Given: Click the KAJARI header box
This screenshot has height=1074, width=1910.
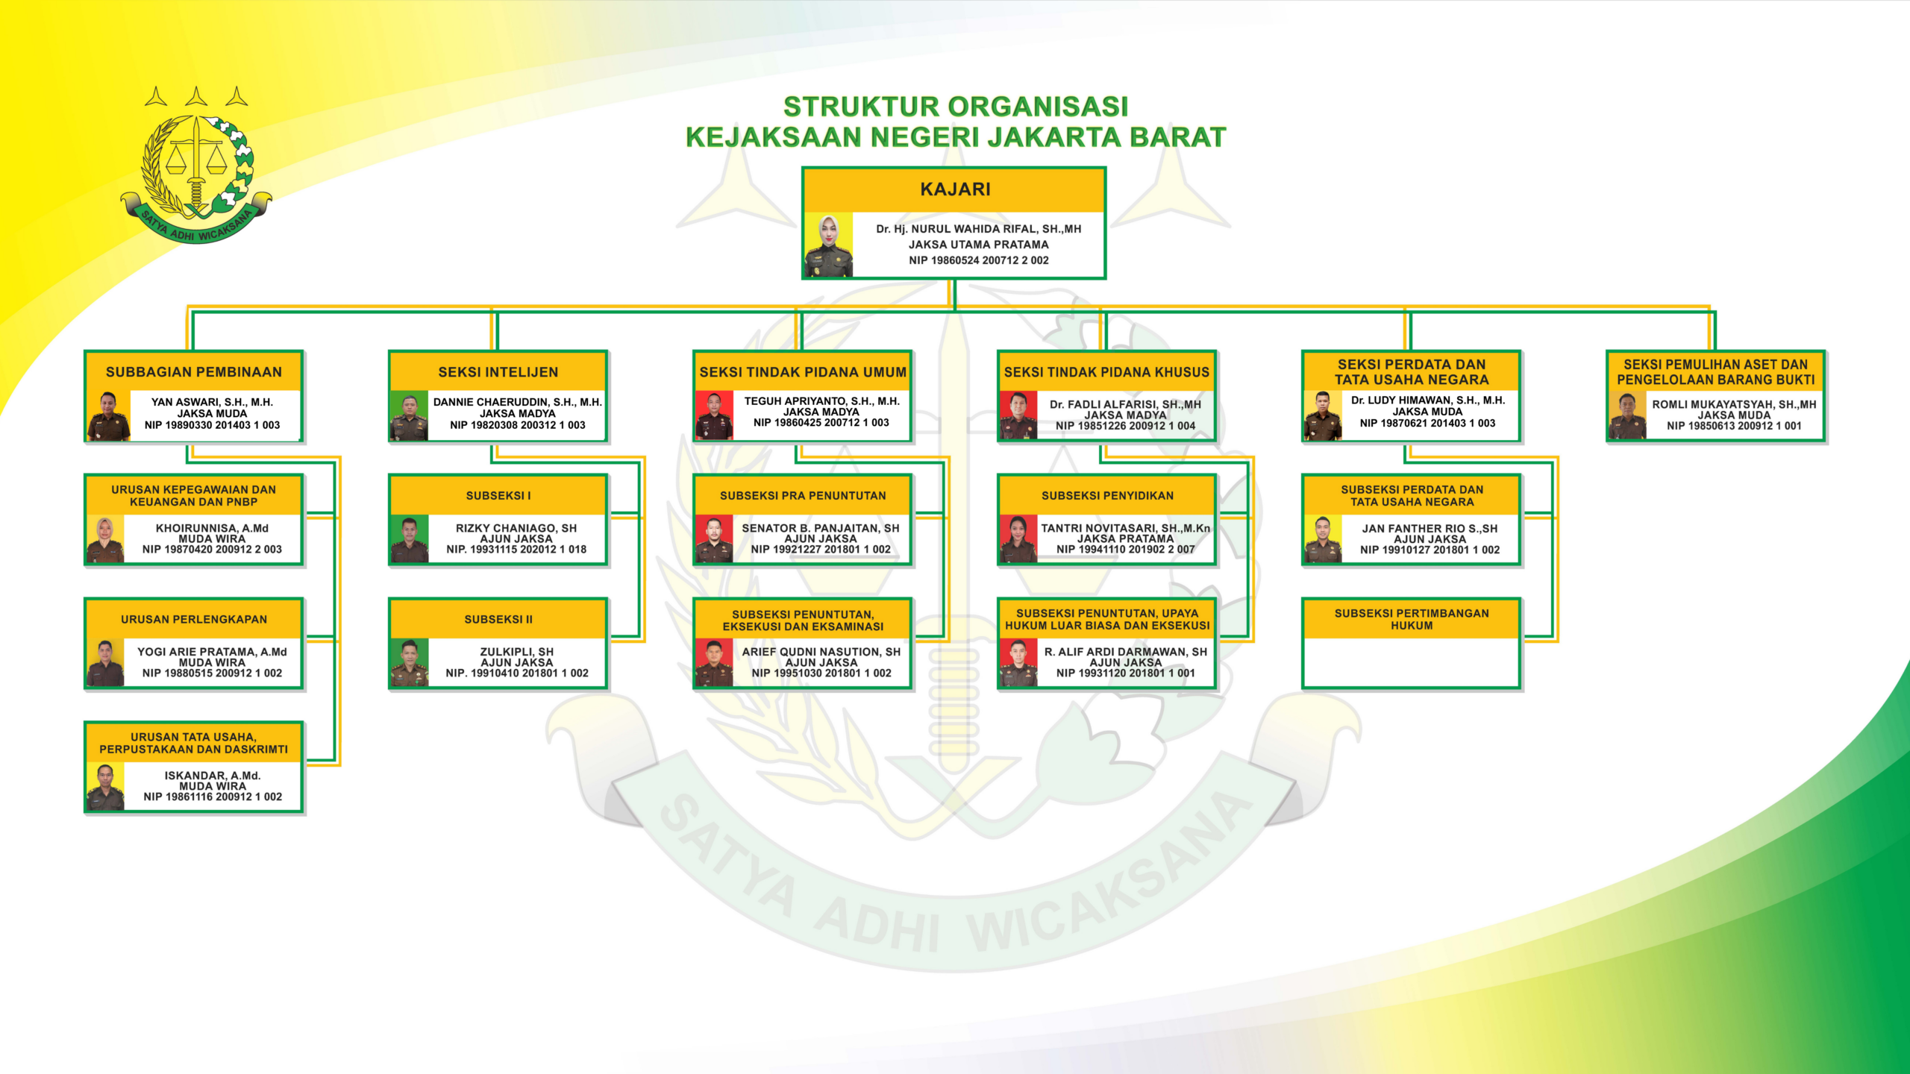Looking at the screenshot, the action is pos(954,189).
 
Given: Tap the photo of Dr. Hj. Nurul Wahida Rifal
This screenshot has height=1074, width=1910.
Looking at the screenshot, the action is pos(828,245).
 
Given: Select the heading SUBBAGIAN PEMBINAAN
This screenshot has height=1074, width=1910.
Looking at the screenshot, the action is pos(194,372).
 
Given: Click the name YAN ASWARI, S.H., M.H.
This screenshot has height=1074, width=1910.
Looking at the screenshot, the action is pos(212,402).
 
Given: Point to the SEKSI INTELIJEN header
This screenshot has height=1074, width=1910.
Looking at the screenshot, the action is pos(498,371).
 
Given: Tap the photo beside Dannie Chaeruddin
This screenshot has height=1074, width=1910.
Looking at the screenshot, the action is pos(409,415).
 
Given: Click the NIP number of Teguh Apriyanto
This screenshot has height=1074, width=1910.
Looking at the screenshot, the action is pos(821,423).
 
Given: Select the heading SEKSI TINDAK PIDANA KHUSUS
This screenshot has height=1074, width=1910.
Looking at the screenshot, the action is pos(1106,372).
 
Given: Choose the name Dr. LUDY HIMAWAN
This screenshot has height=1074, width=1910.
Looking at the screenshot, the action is pos(1428,401).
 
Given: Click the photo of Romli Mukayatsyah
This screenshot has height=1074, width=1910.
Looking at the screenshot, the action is pos(1627,415).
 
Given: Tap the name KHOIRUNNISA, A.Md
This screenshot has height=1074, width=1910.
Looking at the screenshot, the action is pos(212,528).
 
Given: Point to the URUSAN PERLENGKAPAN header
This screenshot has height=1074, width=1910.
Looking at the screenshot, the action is pos(194,619).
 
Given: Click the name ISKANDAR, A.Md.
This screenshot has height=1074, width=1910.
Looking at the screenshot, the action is pos(213,776).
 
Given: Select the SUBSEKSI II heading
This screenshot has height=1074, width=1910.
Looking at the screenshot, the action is pos(498,619).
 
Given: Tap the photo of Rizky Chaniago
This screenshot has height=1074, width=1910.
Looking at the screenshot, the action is pos(409,538).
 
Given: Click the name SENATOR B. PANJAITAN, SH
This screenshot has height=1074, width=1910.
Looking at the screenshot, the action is pos(821,528).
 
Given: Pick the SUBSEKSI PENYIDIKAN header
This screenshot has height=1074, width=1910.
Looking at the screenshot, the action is pos(1107,495).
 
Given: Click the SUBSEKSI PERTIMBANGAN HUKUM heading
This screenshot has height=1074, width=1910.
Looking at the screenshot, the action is pos(1412,619).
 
